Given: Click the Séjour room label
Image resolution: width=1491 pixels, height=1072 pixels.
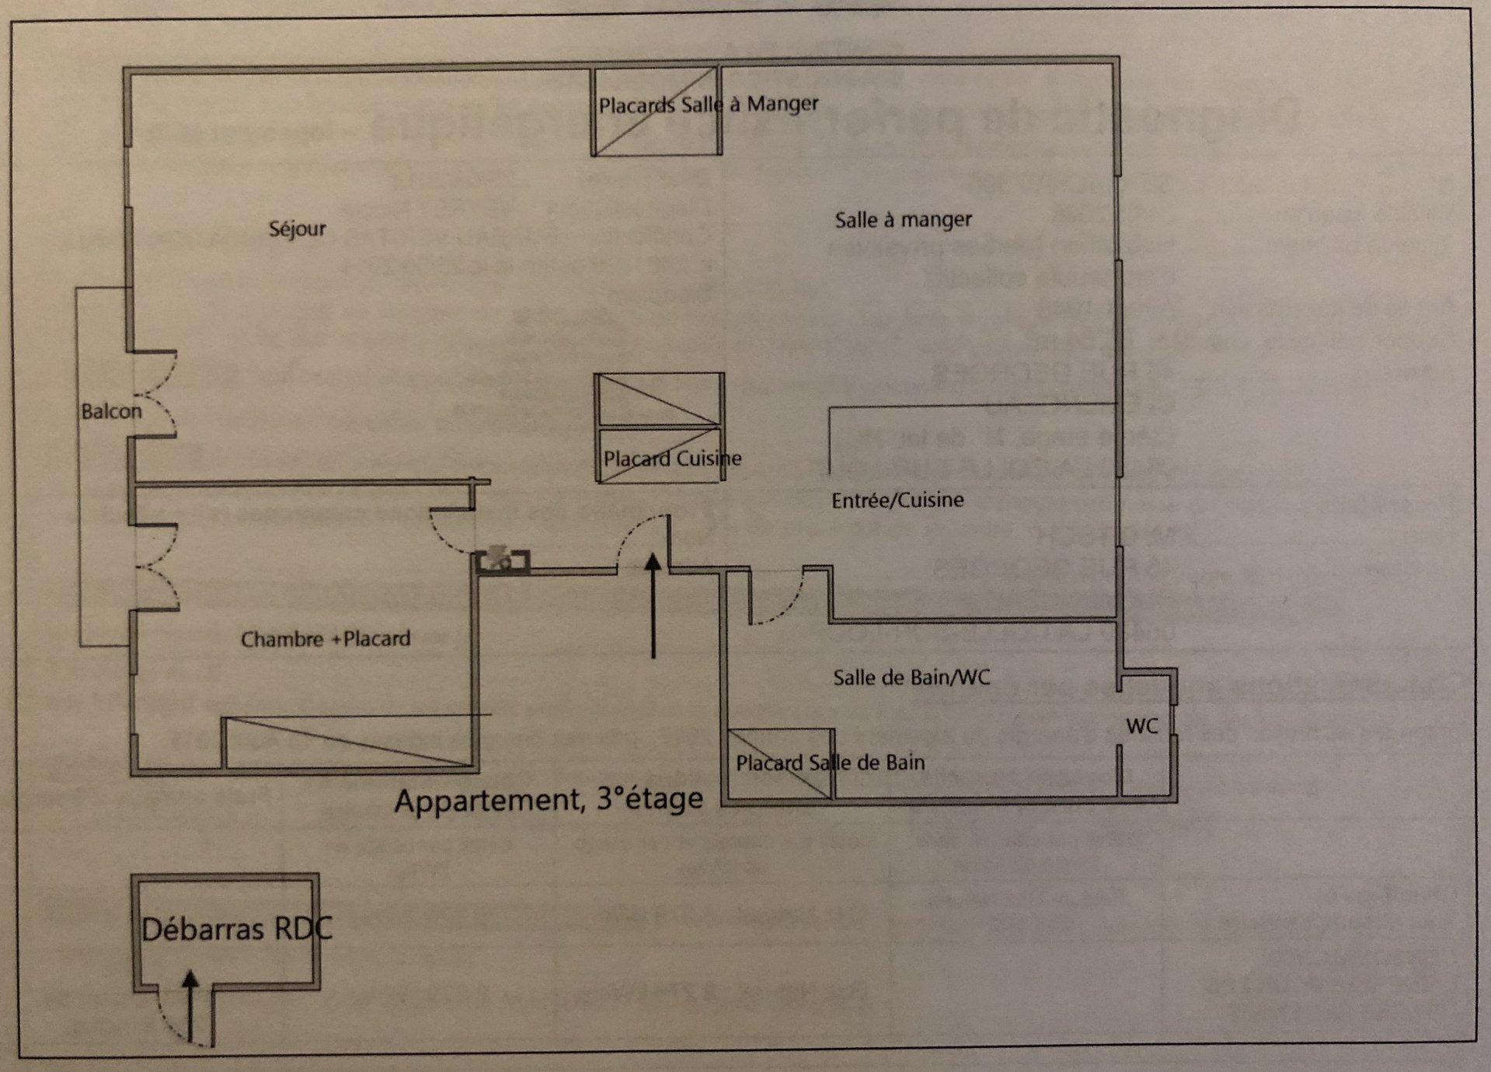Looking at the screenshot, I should [297, 229].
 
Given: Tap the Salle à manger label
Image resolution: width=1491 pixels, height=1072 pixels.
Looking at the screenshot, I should [903, 220].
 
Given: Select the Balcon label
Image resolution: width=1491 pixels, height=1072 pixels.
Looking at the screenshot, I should [111, 411].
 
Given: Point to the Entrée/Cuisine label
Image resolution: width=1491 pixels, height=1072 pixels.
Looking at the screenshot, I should [897, 500].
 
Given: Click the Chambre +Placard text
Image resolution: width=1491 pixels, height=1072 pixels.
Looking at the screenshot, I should [326, 639].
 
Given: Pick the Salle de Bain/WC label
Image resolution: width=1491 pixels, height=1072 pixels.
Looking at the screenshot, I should [911, 678].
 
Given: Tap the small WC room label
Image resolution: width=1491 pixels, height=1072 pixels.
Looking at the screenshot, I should [1142, 726].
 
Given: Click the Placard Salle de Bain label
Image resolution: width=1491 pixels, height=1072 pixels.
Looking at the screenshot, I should [830, 763].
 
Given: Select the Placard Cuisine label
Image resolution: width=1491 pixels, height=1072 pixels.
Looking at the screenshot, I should [672, 459].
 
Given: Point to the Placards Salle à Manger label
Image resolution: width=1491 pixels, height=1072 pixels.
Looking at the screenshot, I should [708, 104].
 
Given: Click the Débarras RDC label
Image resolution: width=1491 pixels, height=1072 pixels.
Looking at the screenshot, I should [236, 928].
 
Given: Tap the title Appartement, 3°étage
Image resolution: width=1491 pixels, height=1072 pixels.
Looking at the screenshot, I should [549, 799].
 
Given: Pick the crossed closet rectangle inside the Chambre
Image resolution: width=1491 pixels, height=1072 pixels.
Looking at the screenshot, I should [348, 742].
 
